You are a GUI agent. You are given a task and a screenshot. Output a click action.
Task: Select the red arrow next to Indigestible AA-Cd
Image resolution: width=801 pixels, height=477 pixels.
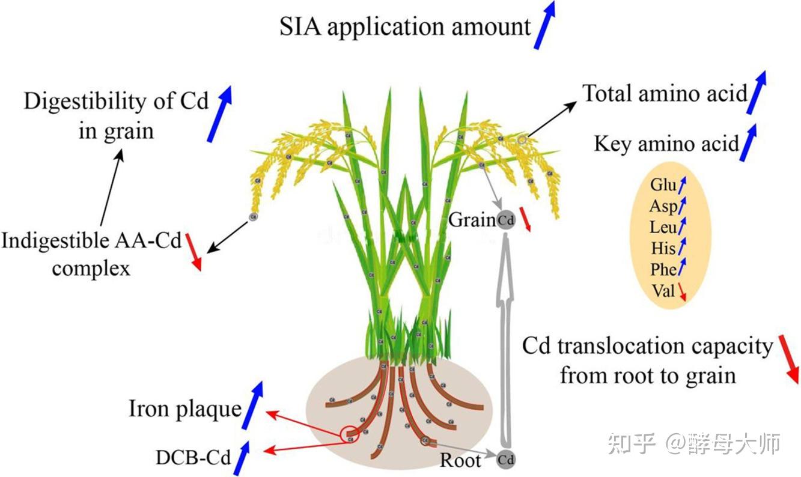(x=193, y=252)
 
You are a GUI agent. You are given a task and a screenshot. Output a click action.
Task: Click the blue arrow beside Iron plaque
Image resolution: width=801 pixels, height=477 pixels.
(x=252, y=406)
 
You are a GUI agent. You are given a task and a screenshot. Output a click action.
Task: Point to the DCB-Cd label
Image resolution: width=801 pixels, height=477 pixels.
(x=193, y=458)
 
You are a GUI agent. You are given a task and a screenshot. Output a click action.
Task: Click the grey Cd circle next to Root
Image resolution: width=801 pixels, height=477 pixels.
(x=506, y=460)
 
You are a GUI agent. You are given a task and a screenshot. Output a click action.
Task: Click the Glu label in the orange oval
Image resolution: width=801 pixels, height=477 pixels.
(x=663, y=184)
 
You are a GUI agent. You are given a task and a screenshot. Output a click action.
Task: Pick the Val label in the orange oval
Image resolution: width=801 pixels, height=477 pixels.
(x=663, y=291)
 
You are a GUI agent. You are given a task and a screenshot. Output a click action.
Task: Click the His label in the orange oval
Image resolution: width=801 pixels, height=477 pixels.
(x=663, y=248)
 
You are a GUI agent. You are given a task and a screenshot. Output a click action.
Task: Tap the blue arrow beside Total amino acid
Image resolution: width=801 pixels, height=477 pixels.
(x=758, y=92)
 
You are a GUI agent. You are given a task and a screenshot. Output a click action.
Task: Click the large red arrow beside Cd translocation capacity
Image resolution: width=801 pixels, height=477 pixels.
(x=789, y=359)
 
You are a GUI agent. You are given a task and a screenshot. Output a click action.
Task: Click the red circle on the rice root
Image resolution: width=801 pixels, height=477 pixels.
(x=349, y=434)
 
